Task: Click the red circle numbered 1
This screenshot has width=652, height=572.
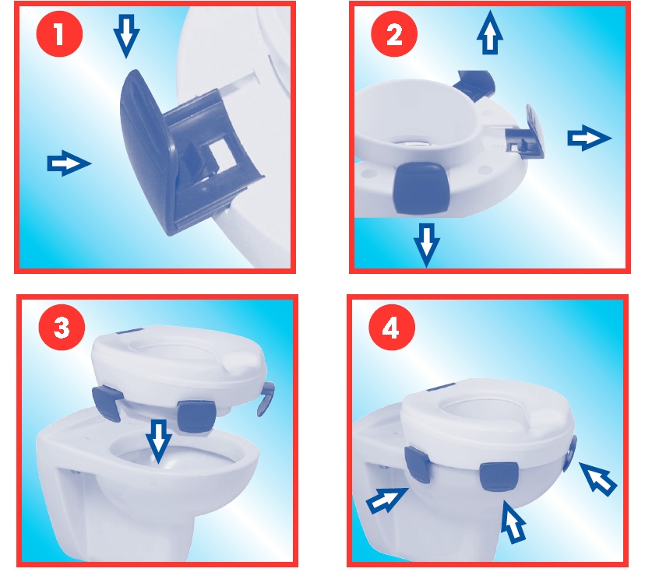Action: (59, 33)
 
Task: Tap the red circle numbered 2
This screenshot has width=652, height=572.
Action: (394, 33)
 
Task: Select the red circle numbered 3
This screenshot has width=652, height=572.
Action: (62, 328)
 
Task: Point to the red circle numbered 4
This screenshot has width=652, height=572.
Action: (392, 328)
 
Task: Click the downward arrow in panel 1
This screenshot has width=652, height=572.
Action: (126, 36)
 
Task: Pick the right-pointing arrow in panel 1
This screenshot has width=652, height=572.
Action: (69, 163)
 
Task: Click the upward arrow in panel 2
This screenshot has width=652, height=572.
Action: (490, 32)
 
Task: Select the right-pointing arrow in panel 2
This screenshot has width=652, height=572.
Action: (590, 138)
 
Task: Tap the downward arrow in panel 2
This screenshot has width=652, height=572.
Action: (427, 245)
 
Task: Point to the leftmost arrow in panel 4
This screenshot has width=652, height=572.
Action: (386, 500)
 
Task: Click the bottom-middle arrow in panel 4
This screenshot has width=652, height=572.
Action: (513, 521)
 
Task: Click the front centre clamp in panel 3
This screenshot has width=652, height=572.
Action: (196, 416)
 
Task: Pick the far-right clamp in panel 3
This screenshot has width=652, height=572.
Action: (266, 398)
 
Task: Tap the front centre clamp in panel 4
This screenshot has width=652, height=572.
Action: (499, 475)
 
